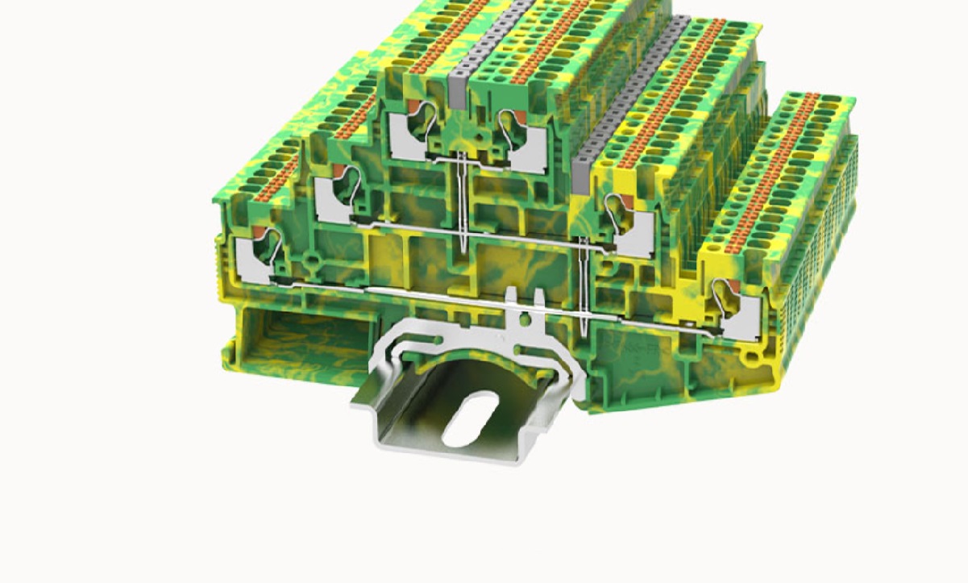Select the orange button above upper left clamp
click(x=410, y=108)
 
